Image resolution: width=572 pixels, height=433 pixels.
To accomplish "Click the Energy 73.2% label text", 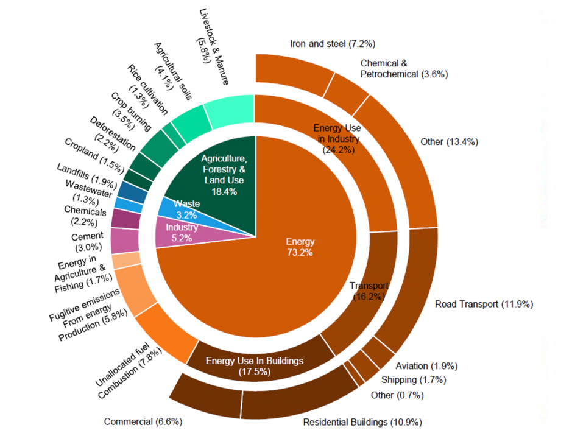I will pos(299,247).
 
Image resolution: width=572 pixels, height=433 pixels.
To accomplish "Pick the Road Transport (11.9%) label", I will pos(484,304).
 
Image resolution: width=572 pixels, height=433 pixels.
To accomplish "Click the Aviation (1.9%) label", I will pos(426,366).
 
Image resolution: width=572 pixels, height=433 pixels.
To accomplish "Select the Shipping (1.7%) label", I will pos(414,380).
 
